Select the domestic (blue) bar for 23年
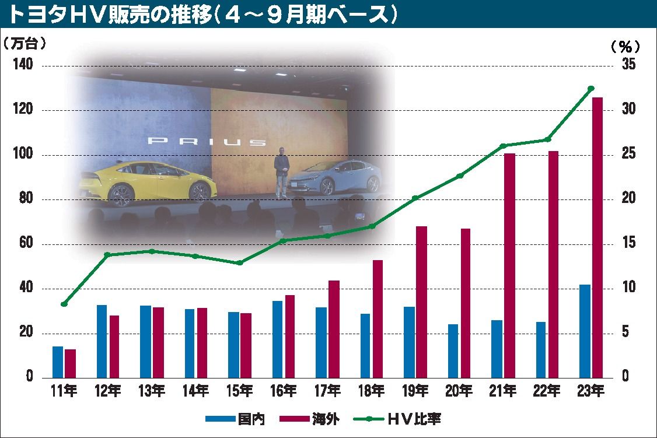pyautogui.click(x=585, y=331)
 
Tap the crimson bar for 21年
pyautogui.click(x=509, y=265)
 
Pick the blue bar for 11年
pyautogui.click(x=58, y=362)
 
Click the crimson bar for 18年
pyautogui.click(x=378, y=318)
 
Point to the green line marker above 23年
pyautogui.click(x=590, y=88)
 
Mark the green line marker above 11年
pyautogui.click(x=64, y=304)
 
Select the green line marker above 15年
pyautogui.click(x=240, y=263)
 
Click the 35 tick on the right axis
pyautogui.click(x=628, y=65)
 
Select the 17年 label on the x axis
pyautogui.click(x=327, y=390)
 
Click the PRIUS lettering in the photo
pyautogui.click(x=207, y=141)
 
